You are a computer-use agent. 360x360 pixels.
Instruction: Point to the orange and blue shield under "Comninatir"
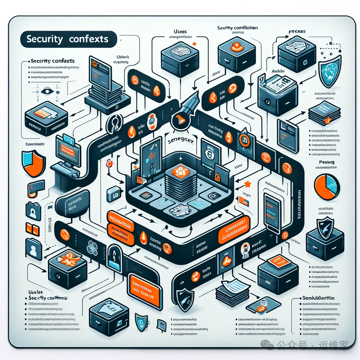point(33,164)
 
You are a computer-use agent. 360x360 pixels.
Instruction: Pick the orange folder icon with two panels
point(32,229)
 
